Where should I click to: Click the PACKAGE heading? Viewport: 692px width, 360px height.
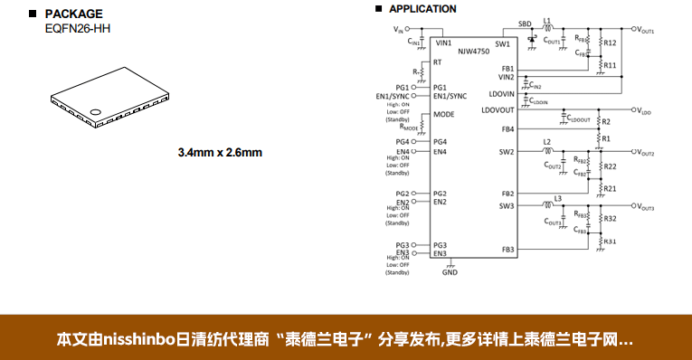73,14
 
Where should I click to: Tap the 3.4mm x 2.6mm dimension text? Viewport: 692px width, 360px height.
220,152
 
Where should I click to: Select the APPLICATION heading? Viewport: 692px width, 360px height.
422,9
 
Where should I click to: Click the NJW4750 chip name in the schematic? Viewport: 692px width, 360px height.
474,52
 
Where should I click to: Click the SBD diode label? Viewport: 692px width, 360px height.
525,24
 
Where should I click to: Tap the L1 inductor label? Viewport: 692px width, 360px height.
547,20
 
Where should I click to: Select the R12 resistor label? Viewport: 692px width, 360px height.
610,43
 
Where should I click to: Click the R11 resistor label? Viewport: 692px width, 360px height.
610,65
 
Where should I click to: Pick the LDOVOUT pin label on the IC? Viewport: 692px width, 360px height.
498,110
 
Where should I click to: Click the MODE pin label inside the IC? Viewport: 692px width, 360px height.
443,115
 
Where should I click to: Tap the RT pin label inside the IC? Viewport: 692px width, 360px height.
437,62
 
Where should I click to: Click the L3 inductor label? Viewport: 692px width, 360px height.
558,198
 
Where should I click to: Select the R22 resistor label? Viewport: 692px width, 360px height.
610,166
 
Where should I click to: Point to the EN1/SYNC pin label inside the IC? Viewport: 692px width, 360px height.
450,96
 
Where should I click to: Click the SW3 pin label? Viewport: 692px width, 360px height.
506,206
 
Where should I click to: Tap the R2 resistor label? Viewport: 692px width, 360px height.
606,121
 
